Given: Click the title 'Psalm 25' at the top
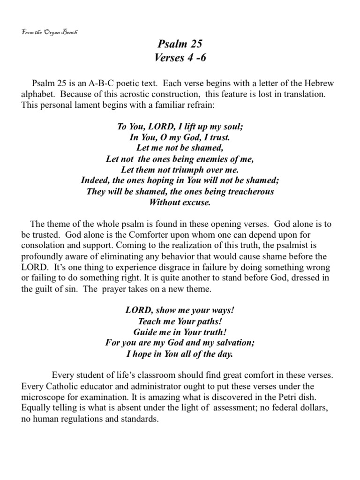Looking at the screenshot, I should pos(180,45).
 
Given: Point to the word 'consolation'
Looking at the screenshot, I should pos(43,245).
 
